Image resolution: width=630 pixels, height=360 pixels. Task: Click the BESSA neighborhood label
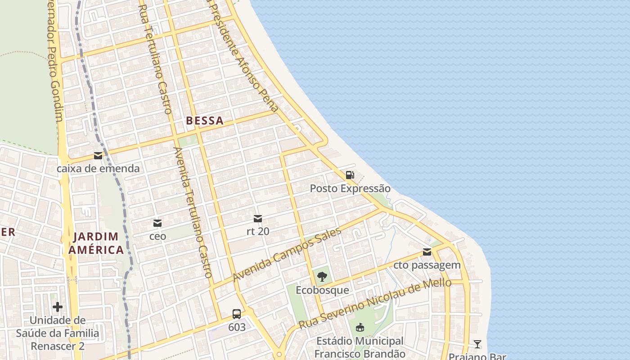(205, 121)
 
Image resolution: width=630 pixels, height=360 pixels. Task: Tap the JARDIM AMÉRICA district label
(96, 243)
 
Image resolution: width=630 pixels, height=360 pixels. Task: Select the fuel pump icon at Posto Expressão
(350, 175)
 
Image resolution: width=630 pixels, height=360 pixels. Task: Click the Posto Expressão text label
(350, 188)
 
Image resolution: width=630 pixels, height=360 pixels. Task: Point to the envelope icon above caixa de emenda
(98, 156)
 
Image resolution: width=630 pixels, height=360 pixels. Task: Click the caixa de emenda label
(98, 169)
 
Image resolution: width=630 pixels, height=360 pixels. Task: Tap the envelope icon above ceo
(157, 223)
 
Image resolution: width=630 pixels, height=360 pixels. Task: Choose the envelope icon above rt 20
(258, 219)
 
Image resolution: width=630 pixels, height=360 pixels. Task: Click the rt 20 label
(258, 231)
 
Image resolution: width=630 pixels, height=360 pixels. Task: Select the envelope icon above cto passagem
(427, 252)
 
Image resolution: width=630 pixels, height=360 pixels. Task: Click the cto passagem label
(427, 265)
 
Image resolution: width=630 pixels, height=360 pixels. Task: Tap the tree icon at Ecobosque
(322, 277)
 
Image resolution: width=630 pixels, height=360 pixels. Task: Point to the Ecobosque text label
(322, 290)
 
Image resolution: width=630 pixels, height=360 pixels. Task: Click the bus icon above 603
(237, 314)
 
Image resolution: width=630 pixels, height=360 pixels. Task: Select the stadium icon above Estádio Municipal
(360, 328)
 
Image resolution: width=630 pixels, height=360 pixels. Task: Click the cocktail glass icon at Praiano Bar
(477, 345)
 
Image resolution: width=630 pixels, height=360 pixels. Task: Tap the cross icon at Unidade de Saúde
(58, 307)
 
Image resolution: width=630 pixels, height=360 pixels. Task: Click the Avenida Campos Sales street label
(287, 255)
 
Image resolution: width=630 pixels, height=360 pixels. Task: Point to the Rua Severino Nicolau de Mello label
(375, 303)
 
